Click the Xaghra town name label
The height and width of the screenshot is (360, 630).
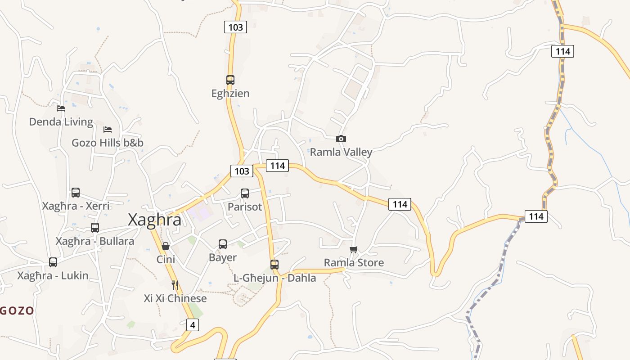pyautogui.click(x=155, y=220)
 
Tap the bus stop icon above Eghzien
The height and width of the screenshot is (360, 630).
pyautogui.click(x=230, y=80)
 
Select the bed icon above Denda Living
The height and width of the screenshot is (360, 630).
pyautogui.click(x=61, y=108)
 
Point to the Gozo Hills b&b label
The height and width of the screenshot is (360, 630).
pyautogui.click(x=108, y=143)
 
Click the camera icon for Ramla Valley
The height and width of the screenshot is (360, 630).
pyautogui.click(x=341, y=139)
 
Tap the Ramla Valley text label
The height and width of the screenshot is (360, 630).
pyautogui.click(x=341, y=152)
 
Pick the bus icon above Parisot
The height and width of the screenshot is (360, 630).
pyautogui.click(x=245, y=193)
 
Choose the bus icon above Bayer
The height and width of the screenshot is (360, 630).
pyautogui.click(x=223, y=244)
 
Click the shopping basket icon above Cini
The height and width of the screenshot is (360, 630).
pyautogui.click(x=166, y=246)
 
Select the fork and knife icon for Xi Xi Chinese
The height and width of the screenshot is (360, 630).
pyautogui.click(x=175, y=285)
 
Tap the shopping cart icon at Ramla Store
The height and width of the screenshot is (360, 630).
pyautogui.click(x=354, y=249)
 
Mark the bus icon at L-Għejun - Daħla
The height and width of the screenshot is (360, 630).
pyautogui.click(x=274, y=264)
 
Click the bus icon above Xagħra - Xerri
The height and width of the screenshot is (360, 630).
pyautogui.click(x=76, y=193)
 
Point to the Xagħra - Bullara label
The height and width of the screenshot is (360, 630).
pyautogui.click(x=95, y=241)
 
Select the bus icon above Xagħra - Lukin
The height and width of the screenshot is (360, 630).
pyautogui.click(x=53, y=262)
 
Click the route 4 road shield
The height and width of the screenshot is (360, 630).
pyautogui.click(x=192, y=324)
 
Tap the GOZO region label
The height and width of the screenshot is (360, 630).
pyautogui.click(x=17, y=310)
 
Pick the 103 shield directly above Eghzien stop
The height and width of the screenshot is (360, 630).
pyautogui.click(x=235, y=27)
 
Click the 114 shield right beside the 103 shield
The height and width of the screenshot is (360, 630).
pyautogui.click(x=277, y=166)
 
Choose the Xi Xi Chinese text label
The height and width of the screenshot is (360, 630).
pyautogui.click(x=175, y=298)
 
